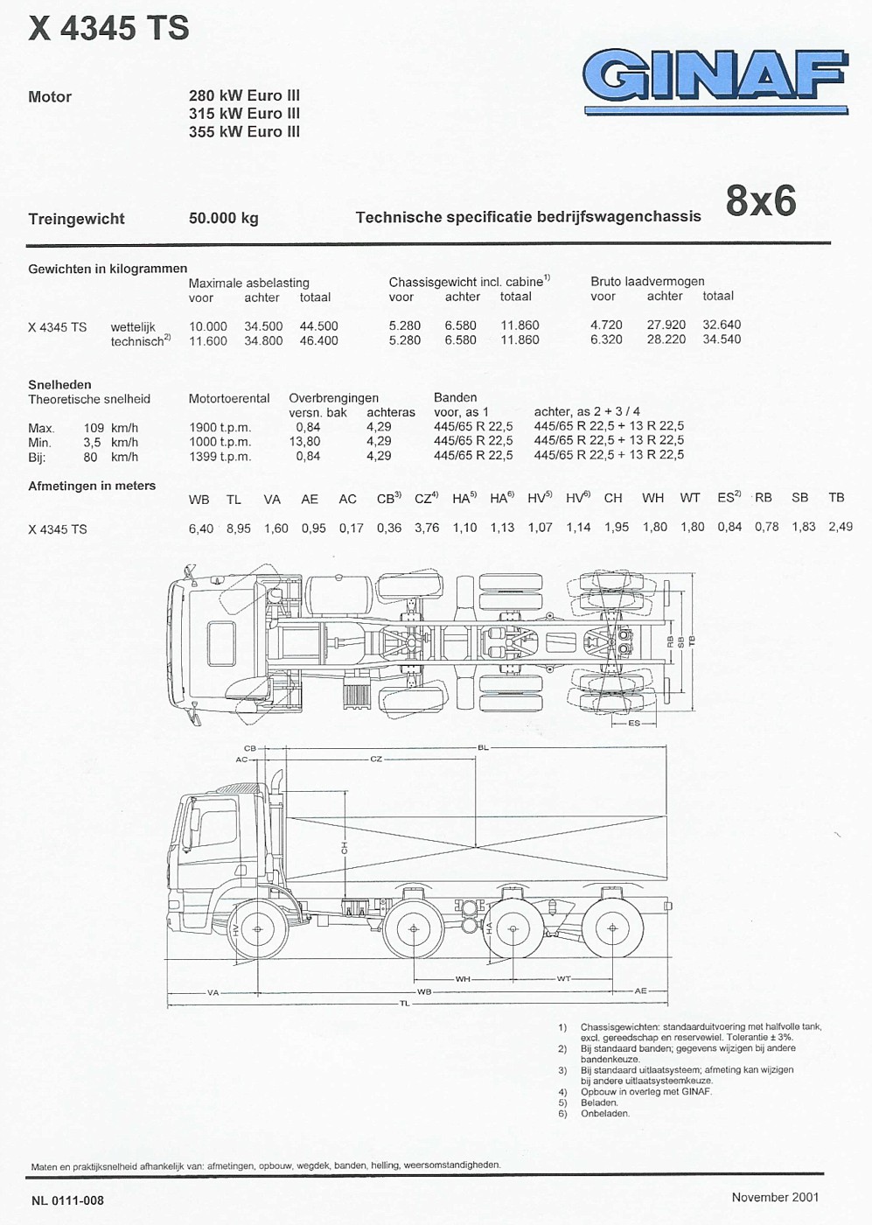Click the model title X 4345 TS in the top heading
pyautogui.click(x=108, y=29)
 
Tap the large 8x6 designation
pyautogui.click(x=760, y=200)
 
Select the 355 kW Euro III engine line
pyautogui.click(x=244, y=131)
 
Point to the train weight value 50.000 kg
pyautogui.click(x=223, y=218)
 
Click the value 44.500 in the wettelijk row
pyautogui.click(x=318, y=325)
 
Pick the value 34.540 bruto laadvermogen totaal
pyautogui.click(x=722, y=339)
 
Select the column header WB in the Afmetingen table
pyautogui.click(x=199, y=499)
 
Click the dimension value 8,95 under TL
pyautogui.click(x=238, y=528)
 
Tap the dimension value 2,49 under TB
pyautogui.click(x=840, y=527)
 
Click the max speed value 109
pyautogui.click(x=94, y=428)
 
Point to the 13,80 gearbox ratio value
pyautogui.click(x=304, y=442)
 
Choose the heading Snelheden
pyautogui.click(x=59, y=384)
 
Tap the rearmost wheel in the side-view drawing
pyautogui.click(x=611, y=928)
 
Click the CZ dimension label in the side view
pyautogui.click(x=376, y=759)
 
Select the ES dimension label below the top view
pyautogui.click(x=634, y=723)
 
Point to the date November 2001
pyautogui.click(x=775, y=1197)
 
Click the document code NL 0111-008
pyautogui.click(x=67, y=1200)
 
